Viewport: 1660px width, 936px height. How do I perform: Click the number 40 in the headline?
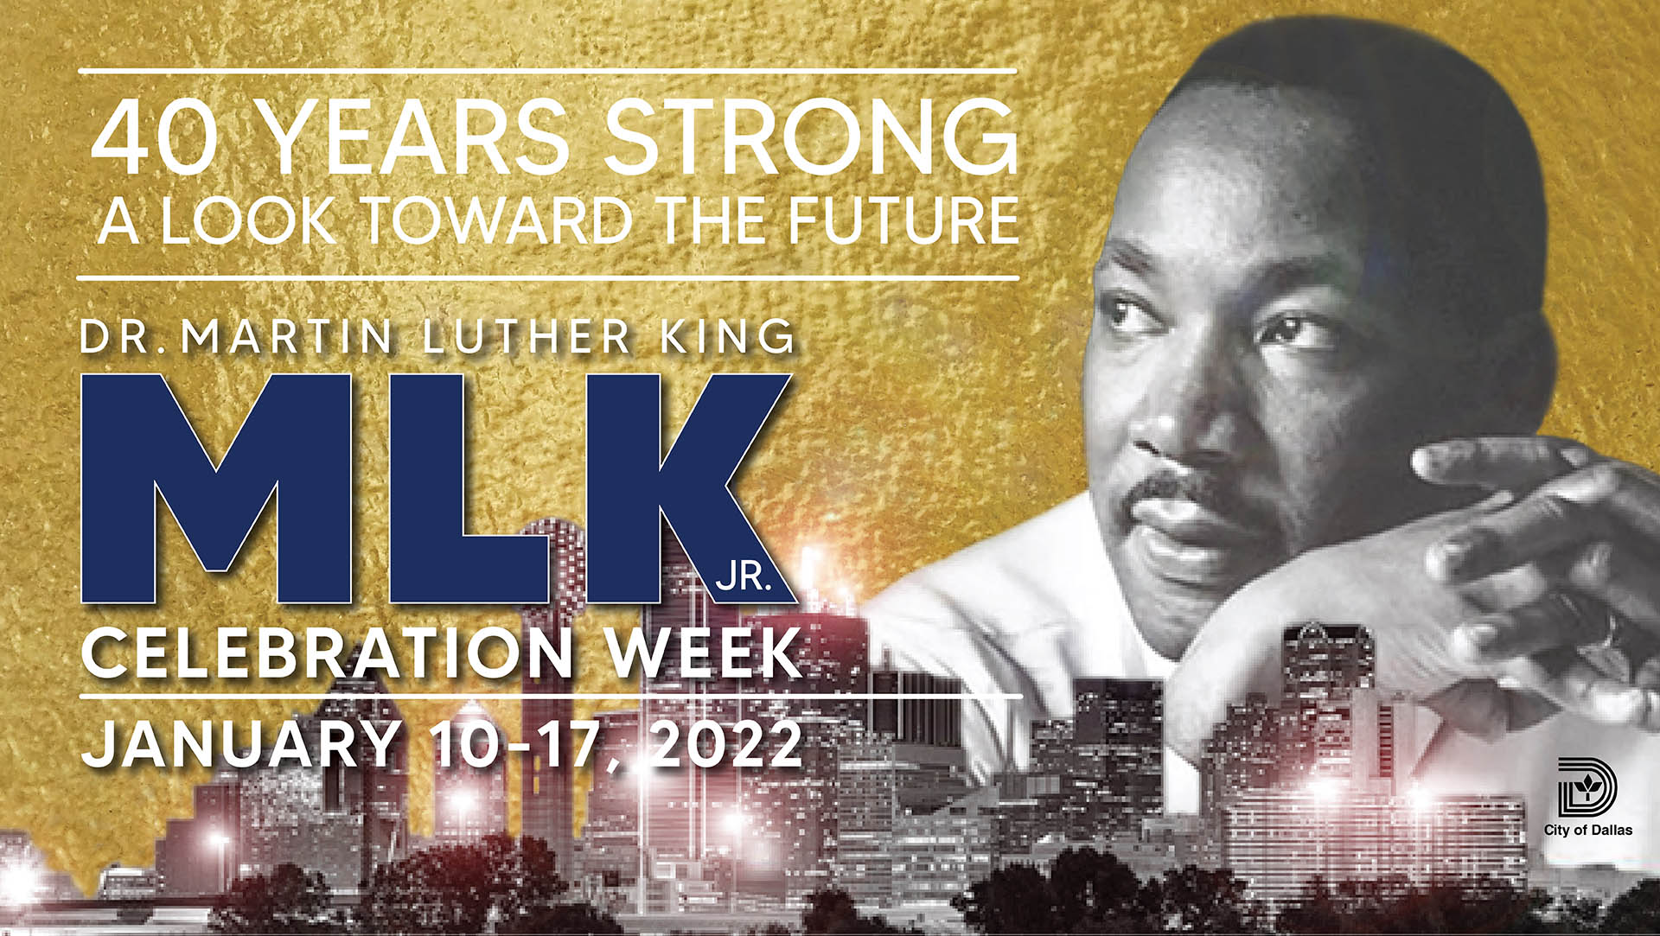click(154, 138)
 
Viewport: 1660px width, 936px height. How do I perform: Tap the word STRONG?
click(811, 138)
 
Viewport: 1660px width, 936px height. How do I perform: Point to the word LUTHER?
click(527, 337)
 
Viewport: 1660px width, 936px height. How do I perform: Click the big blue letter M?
click(216, 488)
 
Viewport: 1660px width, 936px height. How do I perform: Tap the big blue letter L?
click(467, 488)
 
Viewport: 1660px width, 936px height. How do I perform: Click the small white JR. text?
click(743, 576)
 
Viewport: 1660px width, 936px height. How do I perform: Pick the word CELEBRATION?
click(329, 653)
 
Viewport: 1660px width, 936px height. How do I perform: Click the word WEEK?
click(704, 653)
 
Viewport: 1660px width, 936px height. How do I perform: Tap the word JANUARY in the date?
click(242, 743)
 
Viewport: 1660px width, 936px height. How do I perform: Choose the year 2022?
click(727, 743)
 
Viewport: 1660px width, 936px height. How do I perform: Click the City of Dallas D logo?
click(1587, 787)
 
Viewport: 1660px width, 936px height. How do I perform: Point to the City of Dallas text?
click(1588, 831)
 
